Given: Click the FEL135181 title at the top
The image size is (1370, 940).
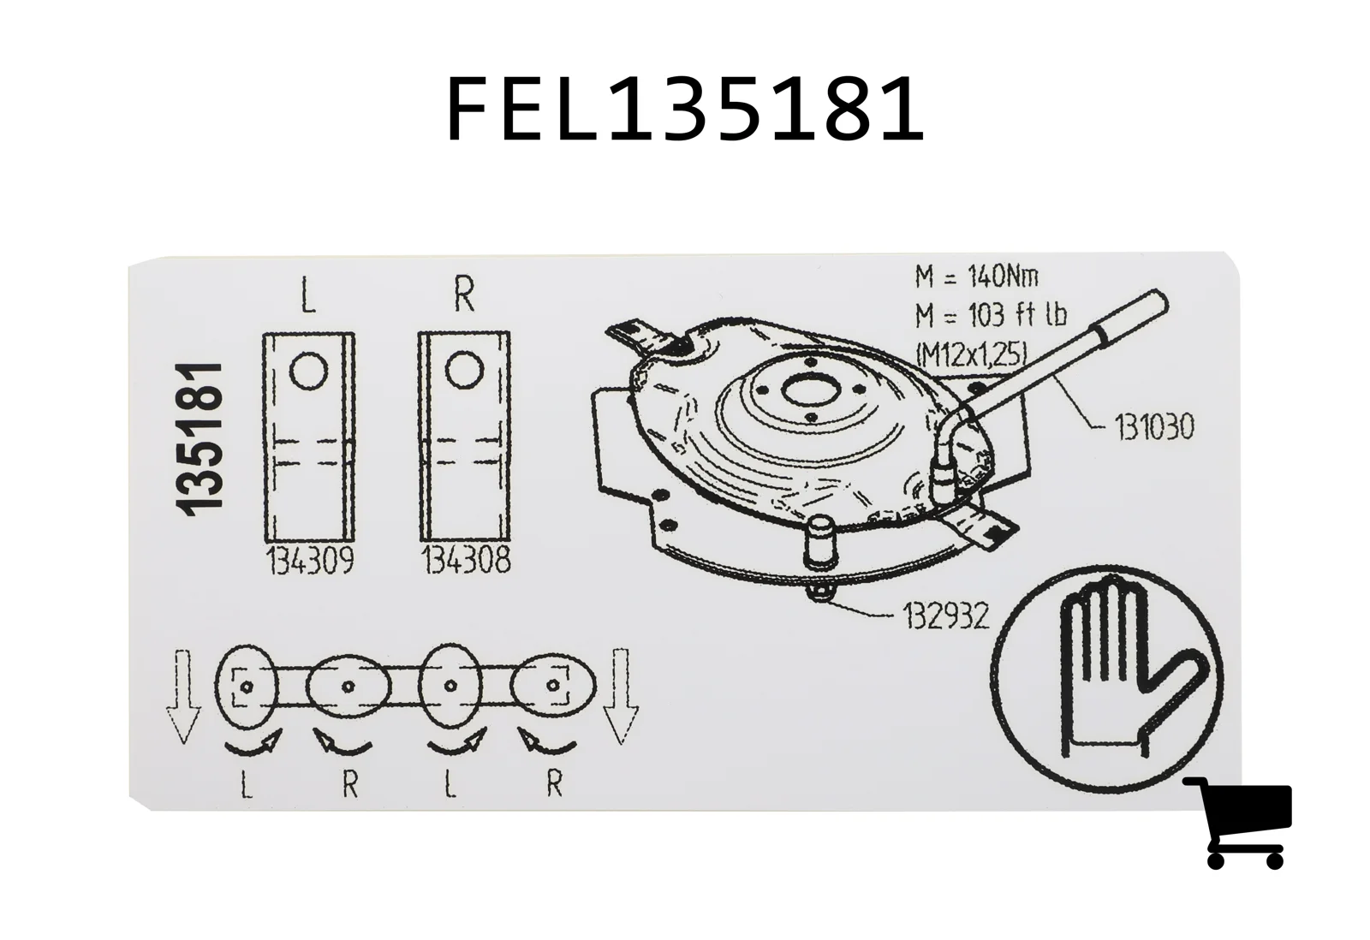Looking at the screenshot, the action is (x=685, y=109).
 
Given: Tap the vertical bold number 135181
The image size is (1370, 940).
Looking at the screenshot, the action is (x=200, y=439).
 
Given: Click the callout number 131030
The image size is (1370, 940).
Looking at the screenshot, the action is (x=1155, y=427).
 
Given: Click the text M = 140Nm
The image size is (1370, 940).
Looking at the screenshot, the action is (x=977, y=277).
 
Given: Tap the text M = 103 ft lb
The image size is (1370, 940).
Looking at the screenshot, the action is (x=992, y=315).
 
